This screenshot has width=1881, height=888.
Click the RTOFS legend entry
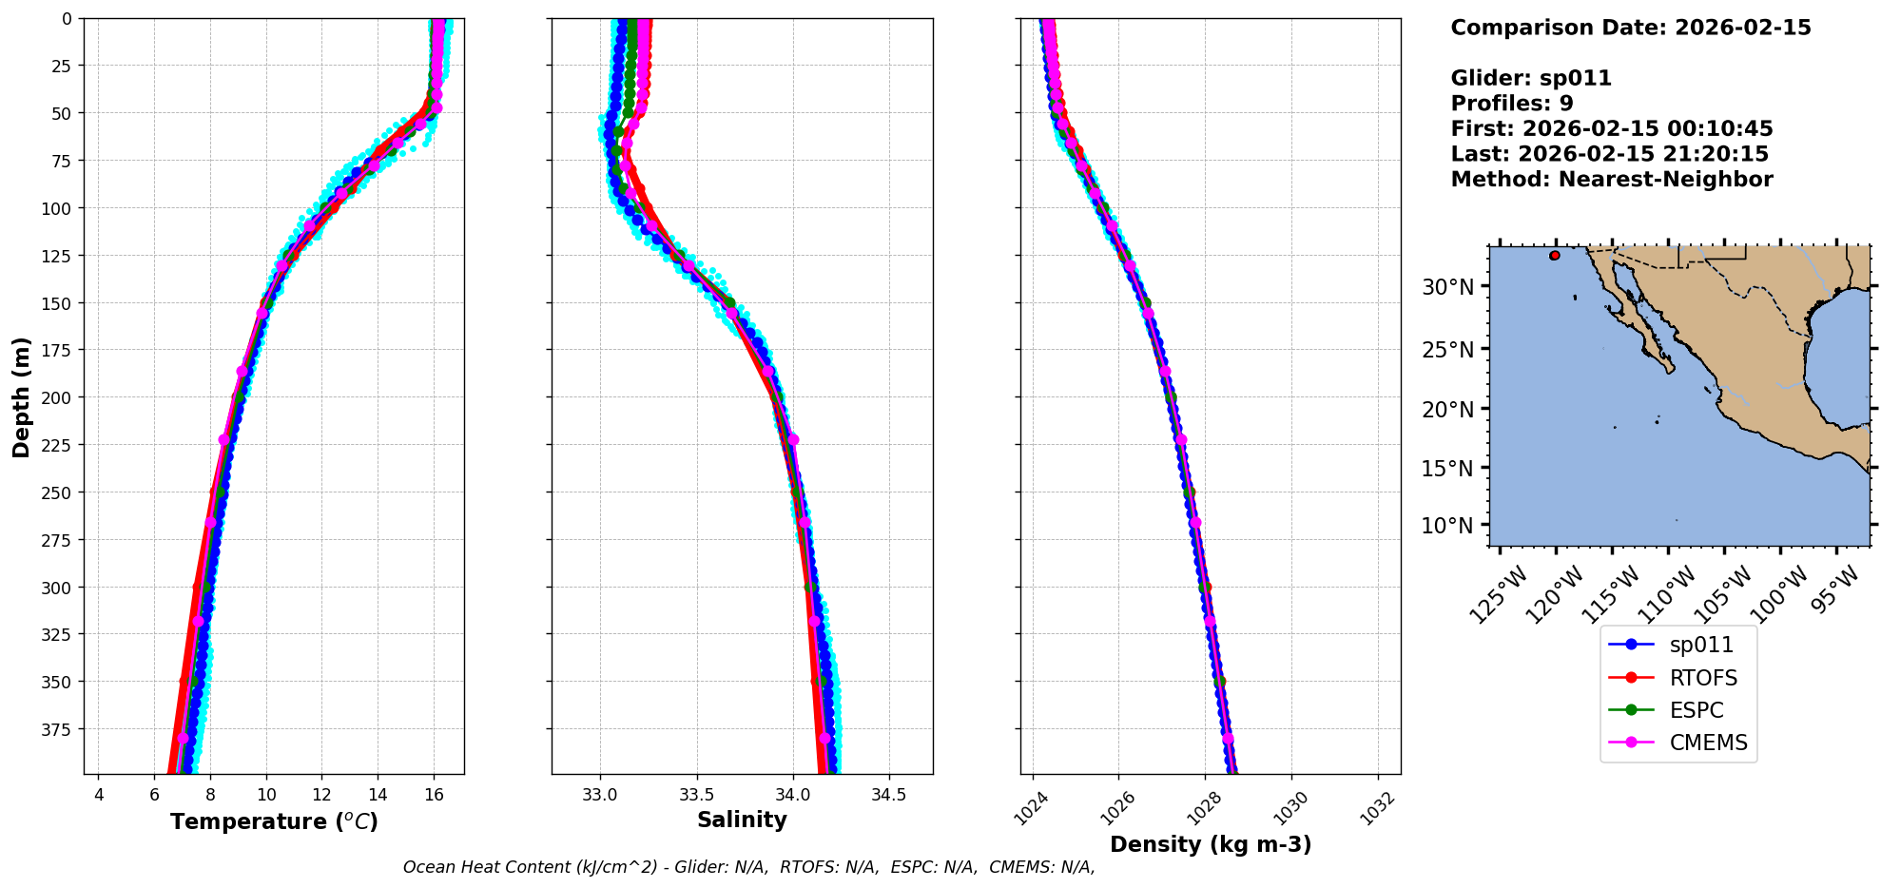[x=1702, y=678]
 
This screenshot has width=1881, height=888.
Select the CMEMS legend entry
[x=1708, y=743]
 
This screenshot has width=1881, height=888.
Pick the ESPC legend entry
[x=1696, y=710]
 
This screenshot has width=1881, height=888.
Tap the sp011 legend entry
[x=1701, y=645]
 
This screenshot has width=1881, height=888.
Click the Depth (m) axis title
[x=21, y=396]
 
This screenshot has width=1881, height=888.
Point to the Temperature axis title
[x=274, y=821]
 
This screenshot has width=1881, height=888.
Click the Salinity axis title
[x=742, y=820]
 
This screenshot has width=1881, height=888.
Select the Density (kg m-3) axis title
[x=1211, y=844]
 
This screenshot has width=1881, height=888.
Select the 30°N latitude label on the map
[x=1447, y=287]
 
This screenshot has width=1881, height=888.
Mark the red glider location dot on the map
[x=1555, y=255]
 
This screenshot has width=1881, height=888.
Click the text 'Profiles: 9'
[x=1512, y=104]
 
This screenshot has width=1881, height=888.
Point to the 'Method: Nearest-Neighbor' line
[x=1612, y=180]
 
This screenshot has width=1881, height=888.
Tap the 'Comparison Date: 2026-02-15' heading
[x=1631, y=28]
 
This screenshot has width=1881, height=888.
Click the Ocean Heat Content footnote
[x=748, y=867]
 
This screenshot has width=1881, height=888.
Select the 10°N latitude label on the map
[x=1447, y=526]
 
